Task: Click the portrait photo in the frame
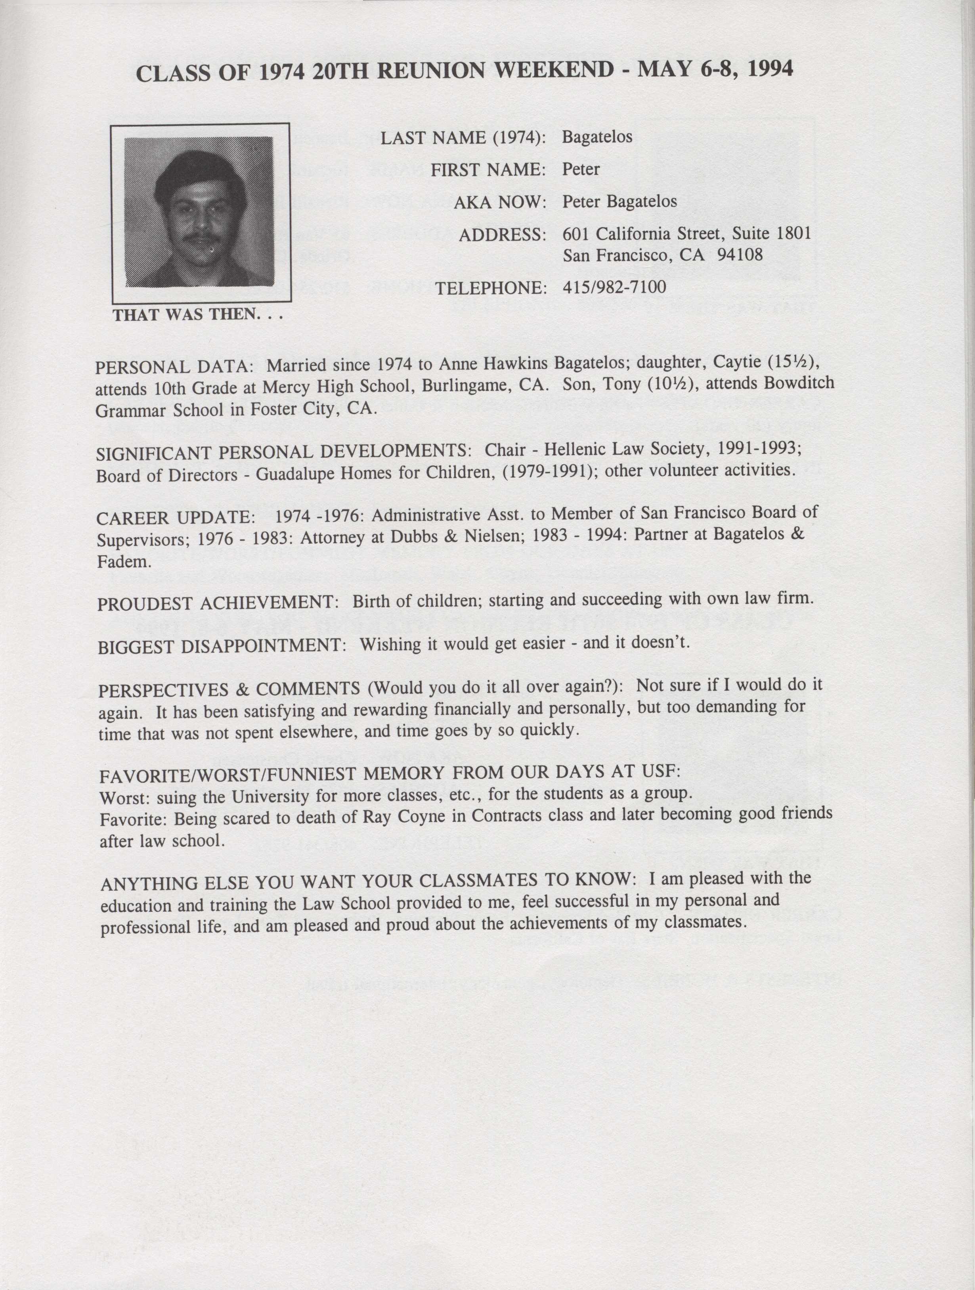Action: point(199,211)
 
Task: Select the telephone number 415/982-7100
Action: point(614,287)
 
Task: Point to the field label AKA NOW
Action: point(500,202)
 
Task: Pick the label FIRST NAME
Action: point(488,170)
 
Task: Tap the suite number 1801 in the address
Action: point(794,233)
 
